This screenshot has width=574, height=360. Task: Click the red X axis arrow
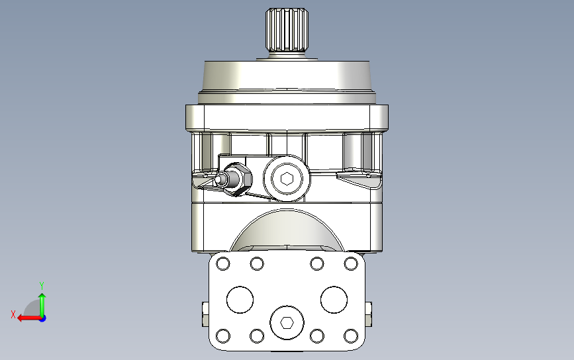tap(29, 318)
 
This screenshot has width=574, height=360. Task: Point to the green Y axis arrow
tap(42, 305)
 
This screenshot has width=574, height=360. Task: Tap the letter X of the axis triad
tap(13, 314)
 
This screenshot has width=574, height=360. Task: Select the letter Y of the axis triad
tap(42, 285)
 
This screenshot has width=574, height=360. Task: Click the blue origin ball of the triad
tap(42, 319)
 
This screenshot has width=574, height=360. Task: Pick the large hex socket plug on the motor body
tap(287, 179)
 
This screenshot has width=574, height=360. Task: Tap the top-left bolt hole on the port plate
tap(223, 263)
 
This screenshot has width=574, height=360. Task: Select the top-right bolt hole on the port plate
tap(351, 263)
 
